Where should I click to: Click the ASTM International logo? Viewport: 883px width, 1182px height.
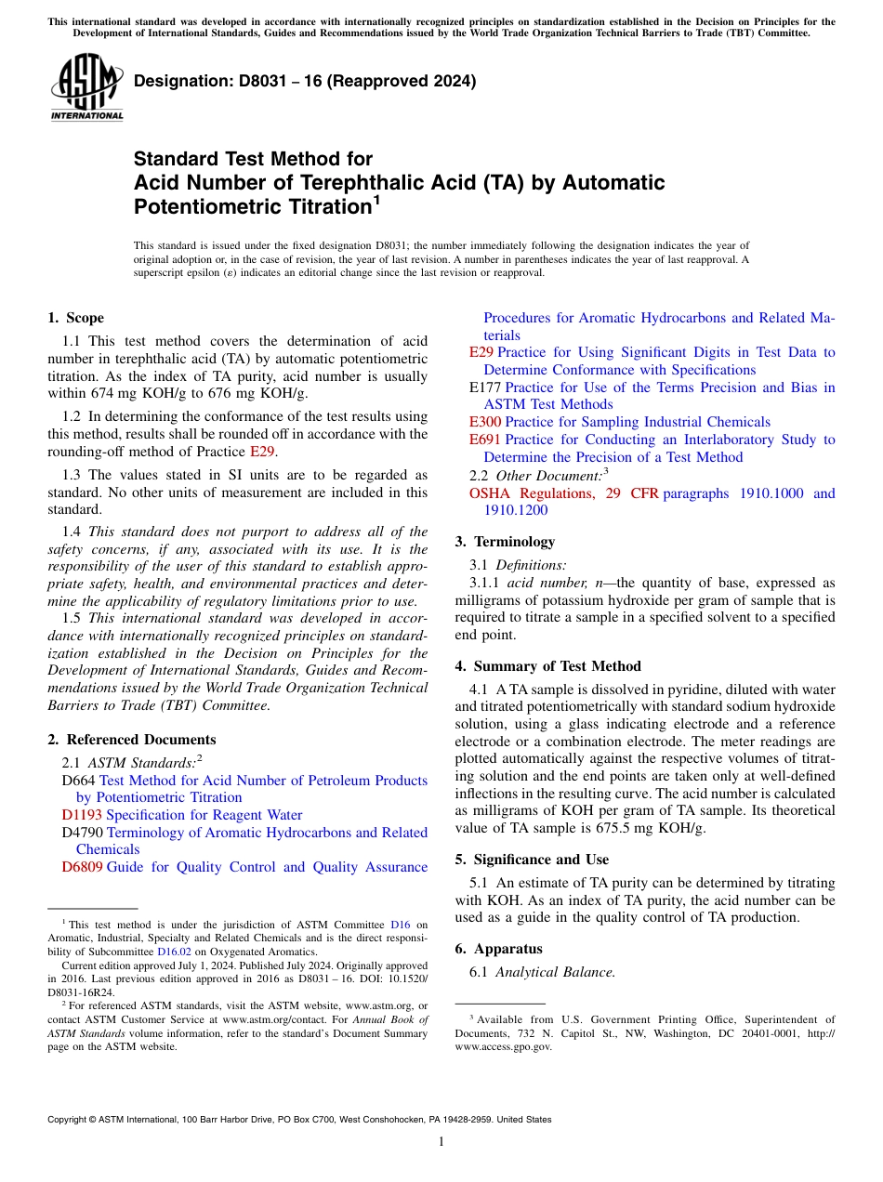tap(86, 87)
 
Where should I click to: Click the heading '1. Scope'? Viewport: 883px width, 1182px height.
tap(75, 318)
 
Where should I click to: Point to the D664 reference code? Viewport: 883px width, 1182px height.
tap(78, 781)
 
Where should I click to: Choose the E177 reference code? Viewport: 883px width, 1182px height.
tap(485, 387)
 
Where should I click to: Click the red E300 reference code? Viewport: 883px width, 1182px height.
tap(485, 422)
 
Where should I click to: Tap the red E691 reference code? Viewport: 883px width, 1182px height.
tap(485, 440)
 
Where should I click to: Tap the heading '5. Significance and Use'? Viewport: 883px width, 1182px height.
tap(532, 860)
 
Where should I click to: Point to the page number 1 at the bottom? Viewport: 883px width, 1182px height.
tap(441, 1142)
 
